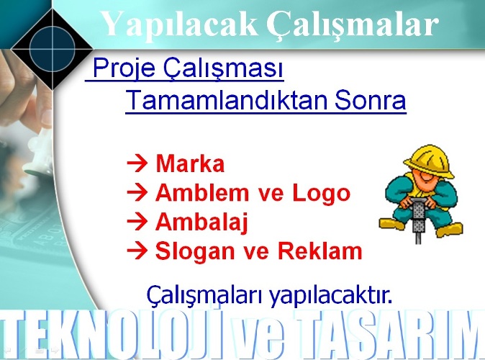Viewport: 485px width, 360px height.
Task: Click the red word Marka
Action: pos(190,163)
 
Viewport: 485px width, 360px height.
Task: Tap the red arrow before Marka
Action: pos(137,163)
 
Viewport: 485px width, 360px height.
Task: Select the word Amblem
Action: pos(202,192)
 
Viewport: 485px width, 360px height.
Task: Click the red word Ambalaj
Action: pos(201,222)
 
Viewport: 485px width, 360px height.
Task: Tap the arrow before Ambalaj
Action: pos(137,222)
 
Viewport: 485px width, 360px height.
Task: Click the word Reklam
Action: pos(319,251)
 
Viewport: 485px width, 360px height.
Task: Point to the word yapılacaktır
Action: pos(330,295)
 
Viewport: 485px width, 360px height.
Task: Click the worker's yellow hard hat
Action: pos(429,161)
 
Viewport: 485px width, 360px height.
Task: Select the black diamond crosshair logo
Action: pos(53,49)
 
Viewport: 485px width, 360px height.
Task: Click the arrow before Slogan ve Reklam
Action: pos(137,251)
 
